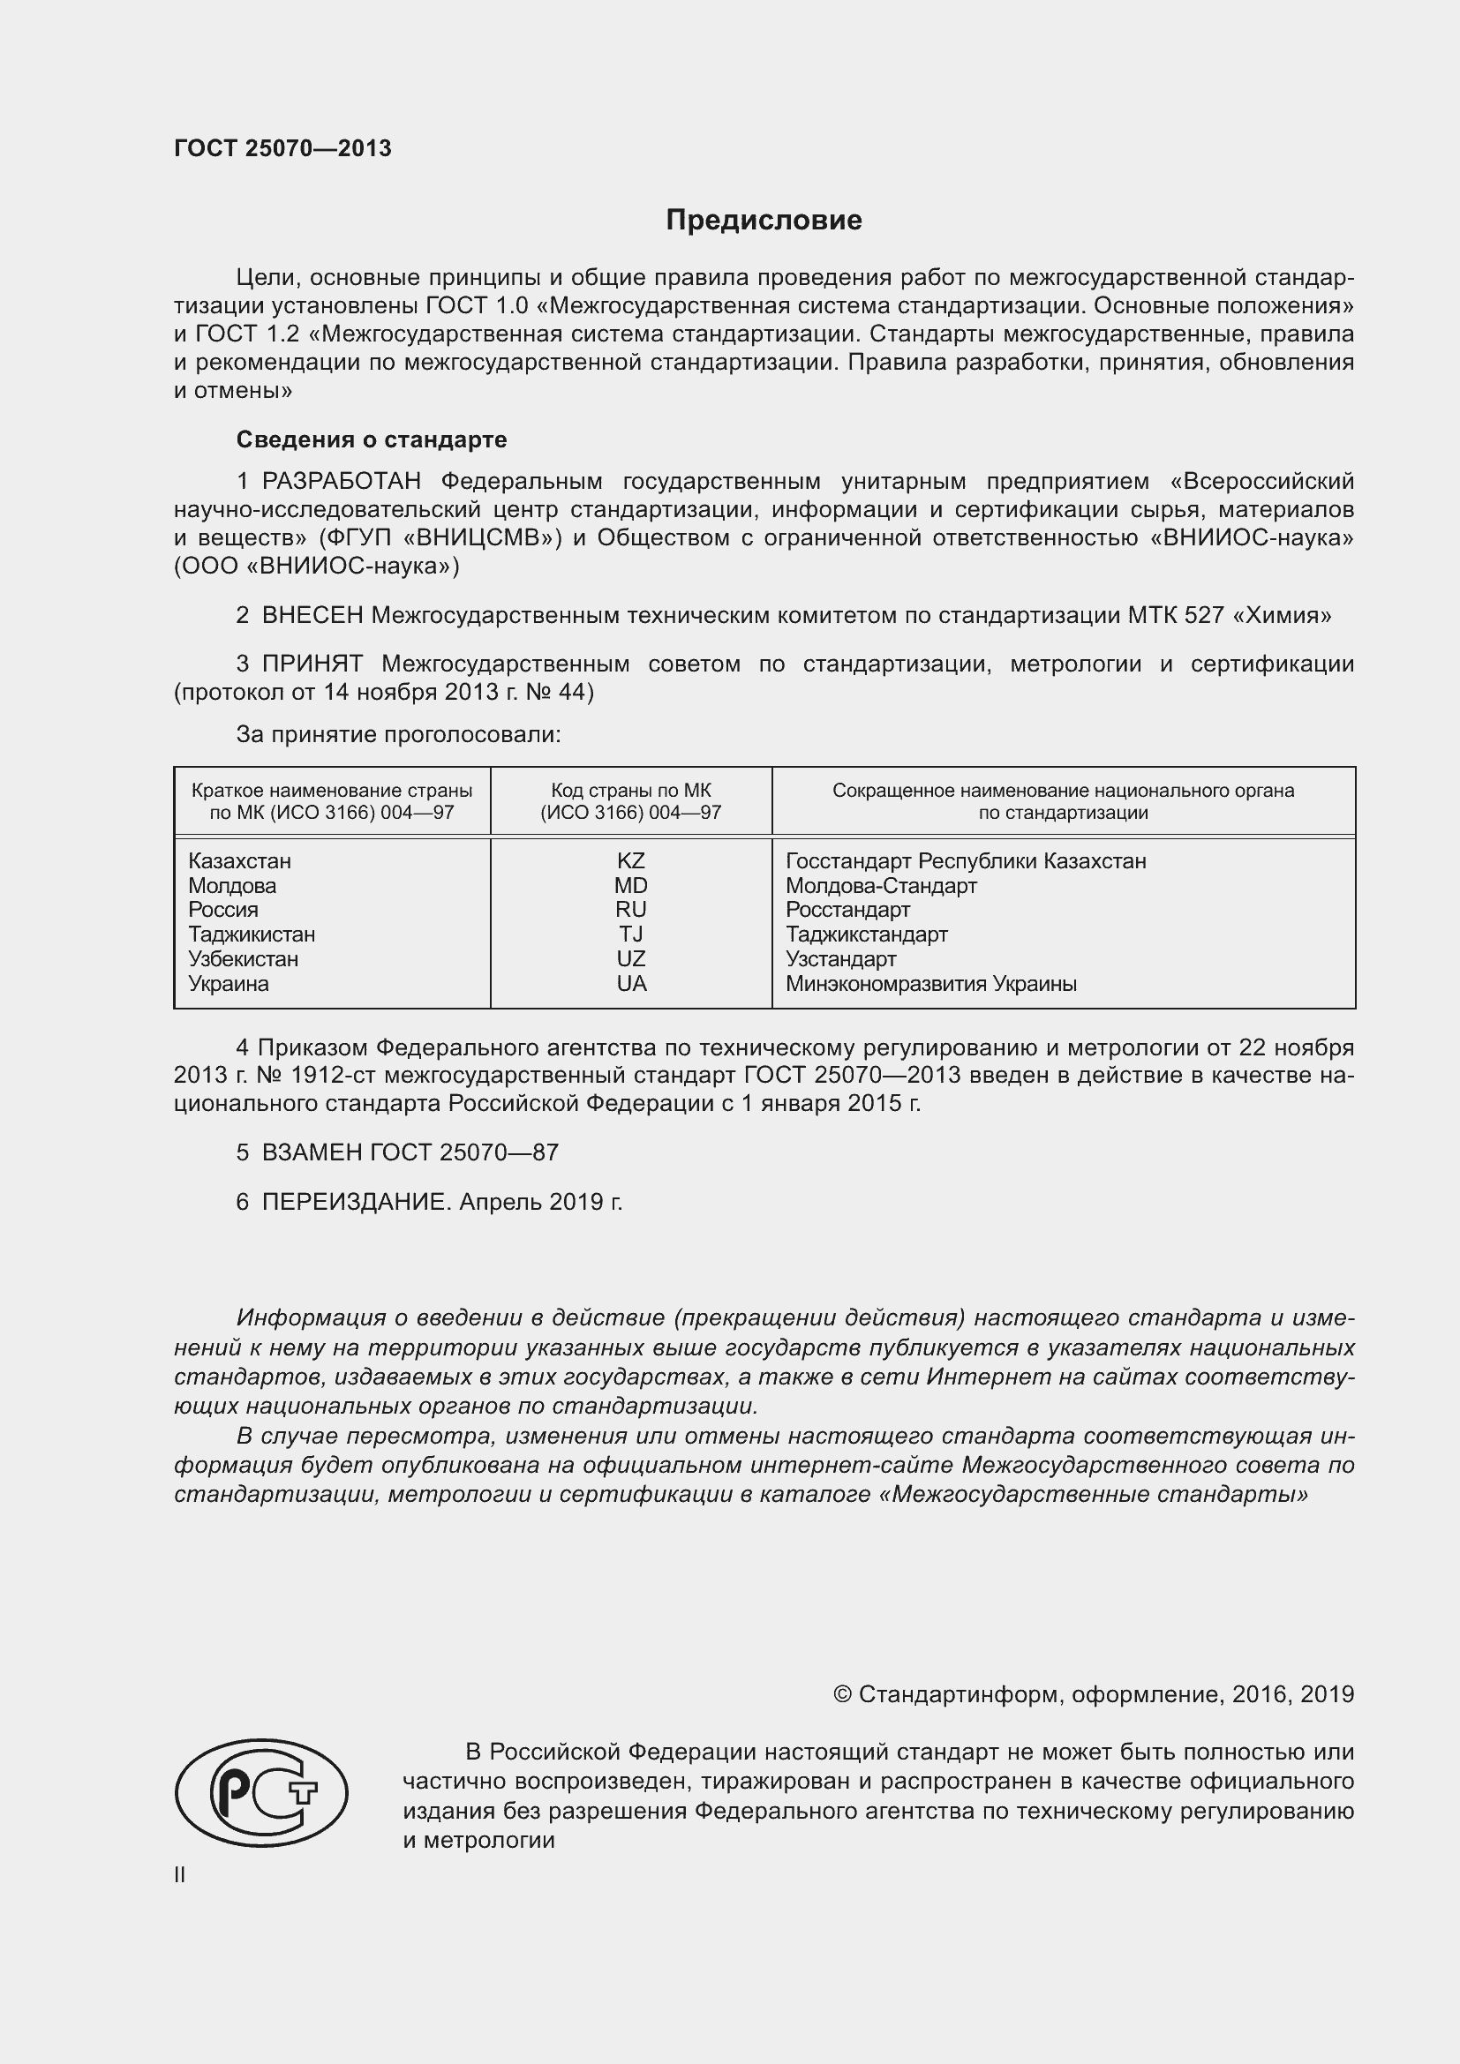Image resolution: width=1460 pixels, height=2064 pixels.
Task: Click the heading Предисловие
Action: pyautogui.click(x=764, y=221)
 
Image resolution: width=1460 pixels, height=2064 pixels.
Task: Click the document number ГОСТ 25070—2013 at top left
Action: pyautogui.click(x=282, y=148)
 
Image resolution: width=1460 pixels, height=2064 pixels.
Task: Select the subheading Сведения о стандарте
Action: pyautogui.click(x=372, y=439)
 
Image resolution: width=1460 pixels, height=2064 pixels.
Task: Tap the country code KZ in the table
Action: pyautogui.click(x=631, y=860)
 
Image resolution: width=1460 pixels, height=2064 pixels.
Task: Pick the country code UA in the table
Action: pyautogui.click(x=631, y=983)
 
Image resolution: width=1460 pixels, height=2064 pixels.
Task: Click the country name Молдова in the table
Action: pyautogui.click(x=232, y=885)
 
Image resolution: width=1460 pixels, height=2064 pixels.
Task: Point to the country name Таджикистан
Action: pyautogui.click(x=252, y=934)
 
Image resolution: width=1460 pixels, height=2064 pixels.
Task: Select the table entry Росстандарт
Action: pyautogui.click(x=847, y=910)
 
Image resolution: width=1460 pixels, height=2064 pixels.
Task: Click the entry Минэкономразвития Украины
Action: pyautogui.click(x=930, y=983)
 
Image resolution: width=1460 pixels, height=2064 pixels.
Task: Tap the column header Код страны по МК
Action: pyautogui.click(x=631, y=791)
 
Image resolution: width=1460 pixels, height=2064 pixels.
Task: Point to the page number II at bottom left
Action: pyautogui.click(x=180, y=1875)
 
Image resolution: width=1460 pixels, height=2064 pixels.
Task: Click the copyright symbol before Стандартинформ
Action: pyautogui.click(x=842, y=1694)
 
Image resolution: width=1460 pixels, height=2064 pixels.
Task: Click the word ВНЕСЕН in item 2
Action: pyautogui.click(x=312, y=616)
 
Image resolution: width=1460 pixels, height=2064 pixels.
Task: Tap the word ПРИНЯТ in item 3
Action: pyautogui.click(x=312, y=664)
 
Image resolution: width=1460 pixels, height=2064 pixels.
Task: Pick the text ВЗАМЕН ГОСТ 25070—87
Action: pyautogui.click(x=410, y=1152)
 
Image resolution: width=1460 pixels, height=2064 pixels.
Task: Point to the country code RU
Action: pyautogui.click(x=631, y=910)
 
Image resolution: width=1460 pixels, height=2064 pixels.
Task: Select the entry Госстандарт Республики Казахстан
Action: pyautogui.click(x=966, y=860)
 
